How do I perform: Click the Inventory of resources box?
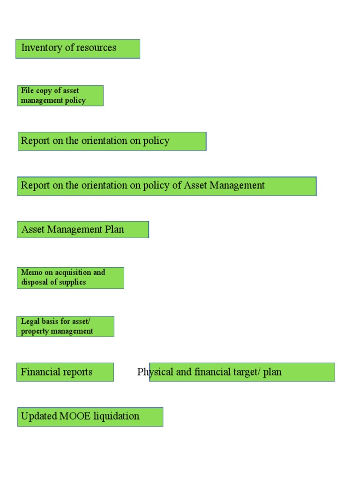(x=78, y=49)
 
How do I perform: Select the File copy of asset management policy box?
(x=60, y=96)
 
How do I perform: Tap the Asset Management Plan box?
(x=82, y=230)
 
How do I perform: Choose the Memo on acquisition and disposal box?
(x=70, y=277)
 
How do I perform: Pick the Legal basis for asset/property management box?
(x=66, y=326)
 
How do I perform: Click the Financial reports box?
(x=65, y=372)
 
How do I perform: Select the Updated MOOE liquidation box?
(x=90, y=417)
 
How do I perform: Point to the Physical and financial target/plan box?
(x=242, y=372)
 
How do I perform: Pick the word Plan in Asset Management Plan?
(x=114, y=230)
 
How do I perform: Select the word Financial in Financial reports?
(x=39, y=372)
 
